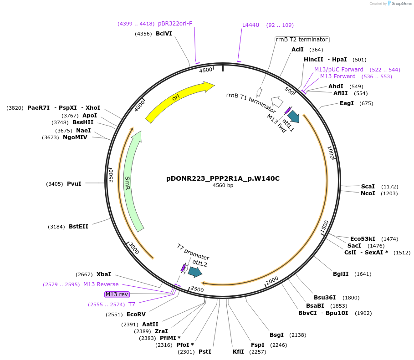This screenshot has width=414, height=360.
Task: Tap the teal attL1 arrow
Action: click(x=293, y=117)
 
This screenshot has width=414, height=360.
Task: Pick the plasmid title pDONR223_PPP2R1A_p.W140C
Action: click(x=223, y=178)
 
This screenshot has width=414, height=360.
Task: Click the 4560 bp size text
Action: click(x=223, y=186)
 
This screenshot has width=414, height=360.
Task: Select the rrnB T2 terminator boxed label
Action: click(x=302, y=40)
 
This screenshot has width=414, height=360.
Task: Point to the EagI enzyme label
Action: click(x=347, y=103)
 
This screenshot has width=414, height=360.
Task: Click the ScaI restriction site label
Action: click(x=368, y=187)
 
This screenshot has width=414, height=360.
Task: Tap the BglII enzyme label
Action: click(x=340, y=274)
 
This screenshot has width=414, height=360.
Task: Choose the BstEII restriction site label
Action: click(x=78, y=226)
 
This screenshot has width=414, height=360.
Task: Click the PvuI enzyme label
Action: click(x=74, y=184)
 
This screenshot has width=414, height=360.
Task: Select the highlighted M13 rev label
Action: click(x=117, y=294)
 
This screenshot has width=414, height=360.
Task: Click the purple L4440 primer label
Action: click(x=250, y=25)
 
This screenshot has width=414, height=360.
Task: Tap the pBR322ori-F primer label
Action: click(x=175, y=24)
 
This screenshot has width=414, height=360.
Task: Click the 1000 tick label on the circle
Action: click(x=331, y=153)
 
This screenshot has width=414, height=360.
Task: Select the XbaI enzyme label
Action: click(x=103, y=274)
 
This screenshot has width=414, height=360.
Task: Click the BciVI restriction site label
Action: click(x=164, y=34)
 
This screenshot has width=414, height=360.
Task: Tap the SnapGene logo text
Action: click(x=399, y=4)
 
